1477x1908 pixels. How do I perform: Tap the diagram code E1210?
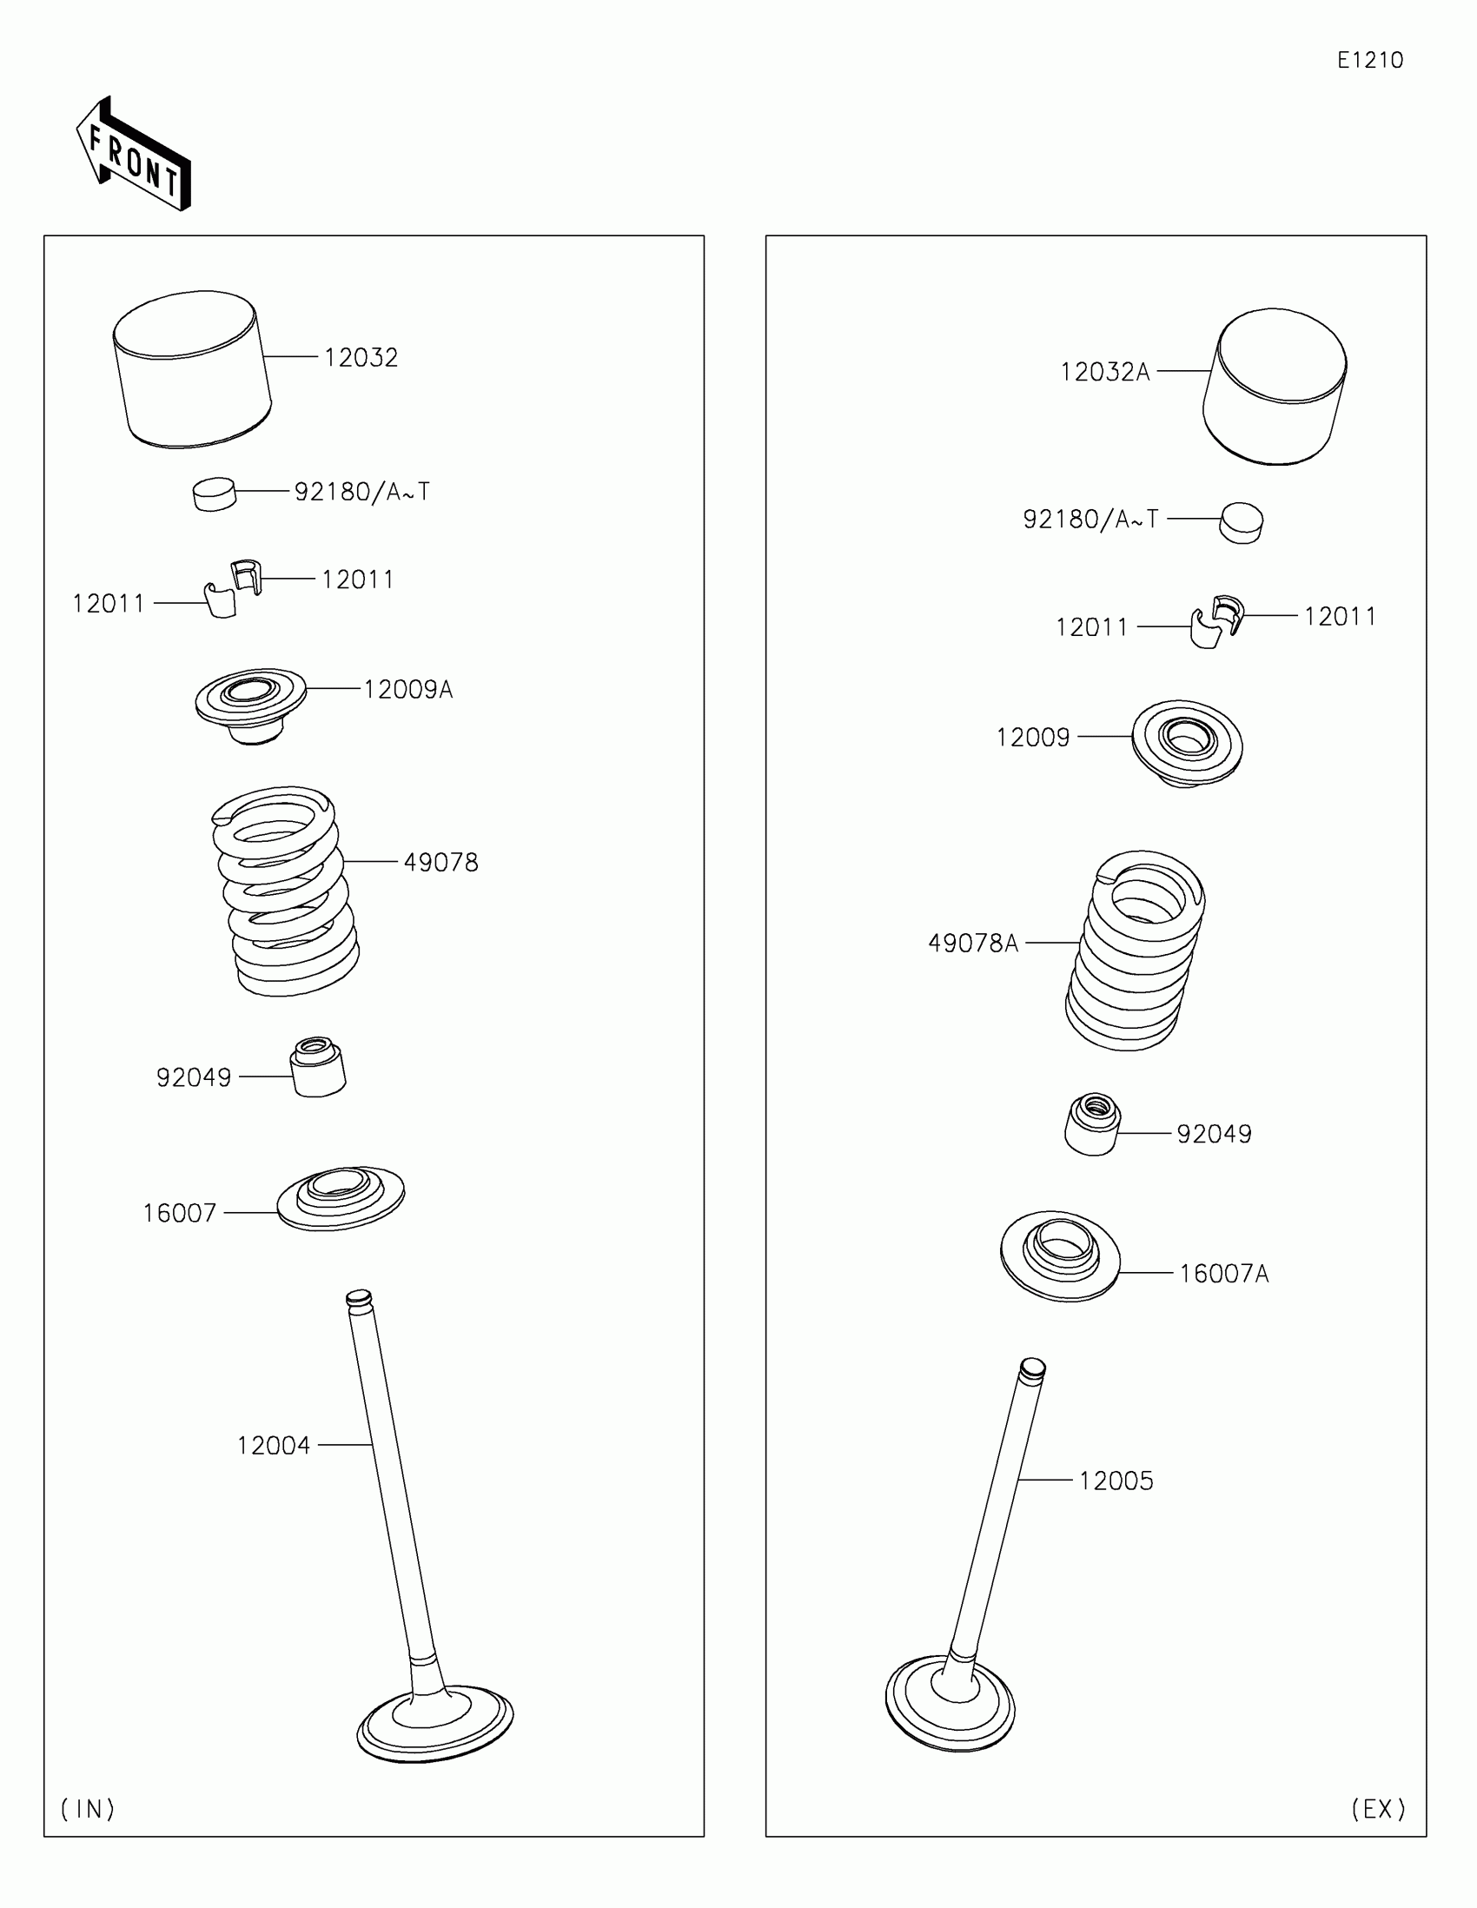pos(1369,60)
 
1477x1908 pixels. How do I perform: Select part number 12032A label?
pos(1105,372)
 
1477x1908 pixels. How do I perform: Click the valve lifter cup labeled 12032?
pos(192,370)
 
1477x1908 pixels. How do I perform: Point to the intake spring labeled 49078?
pos(286,891)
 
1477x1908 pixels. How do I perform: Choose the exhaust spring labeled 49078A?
pos(1134,950)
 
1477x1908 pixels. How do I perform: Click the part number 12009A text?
pos(407,689)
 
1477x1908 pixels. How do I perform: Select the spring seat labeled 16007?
pos(341,1198)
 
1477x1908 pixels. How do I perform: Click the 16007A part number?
pos(1223,1274)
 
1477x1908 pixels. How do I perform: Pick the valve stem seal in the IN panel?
pos(318,1067)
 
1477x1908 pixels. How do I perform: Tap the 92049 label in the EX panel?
pos(1213,1134)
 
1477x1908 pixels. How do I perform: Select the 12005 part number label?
pos(1116,1481)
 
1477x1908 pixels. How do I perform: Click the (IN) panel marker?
pos(88,1808)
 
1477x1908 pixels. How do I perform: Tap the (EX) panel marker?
pos(1378,1808)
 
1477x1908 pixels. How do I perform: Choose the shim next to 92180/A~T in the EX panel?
pos(1242,523)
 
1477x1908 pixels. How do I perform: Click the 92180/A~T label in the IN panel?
pos(361,492)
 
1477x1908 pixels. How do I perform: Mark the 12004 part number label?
pos(274,1446)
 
